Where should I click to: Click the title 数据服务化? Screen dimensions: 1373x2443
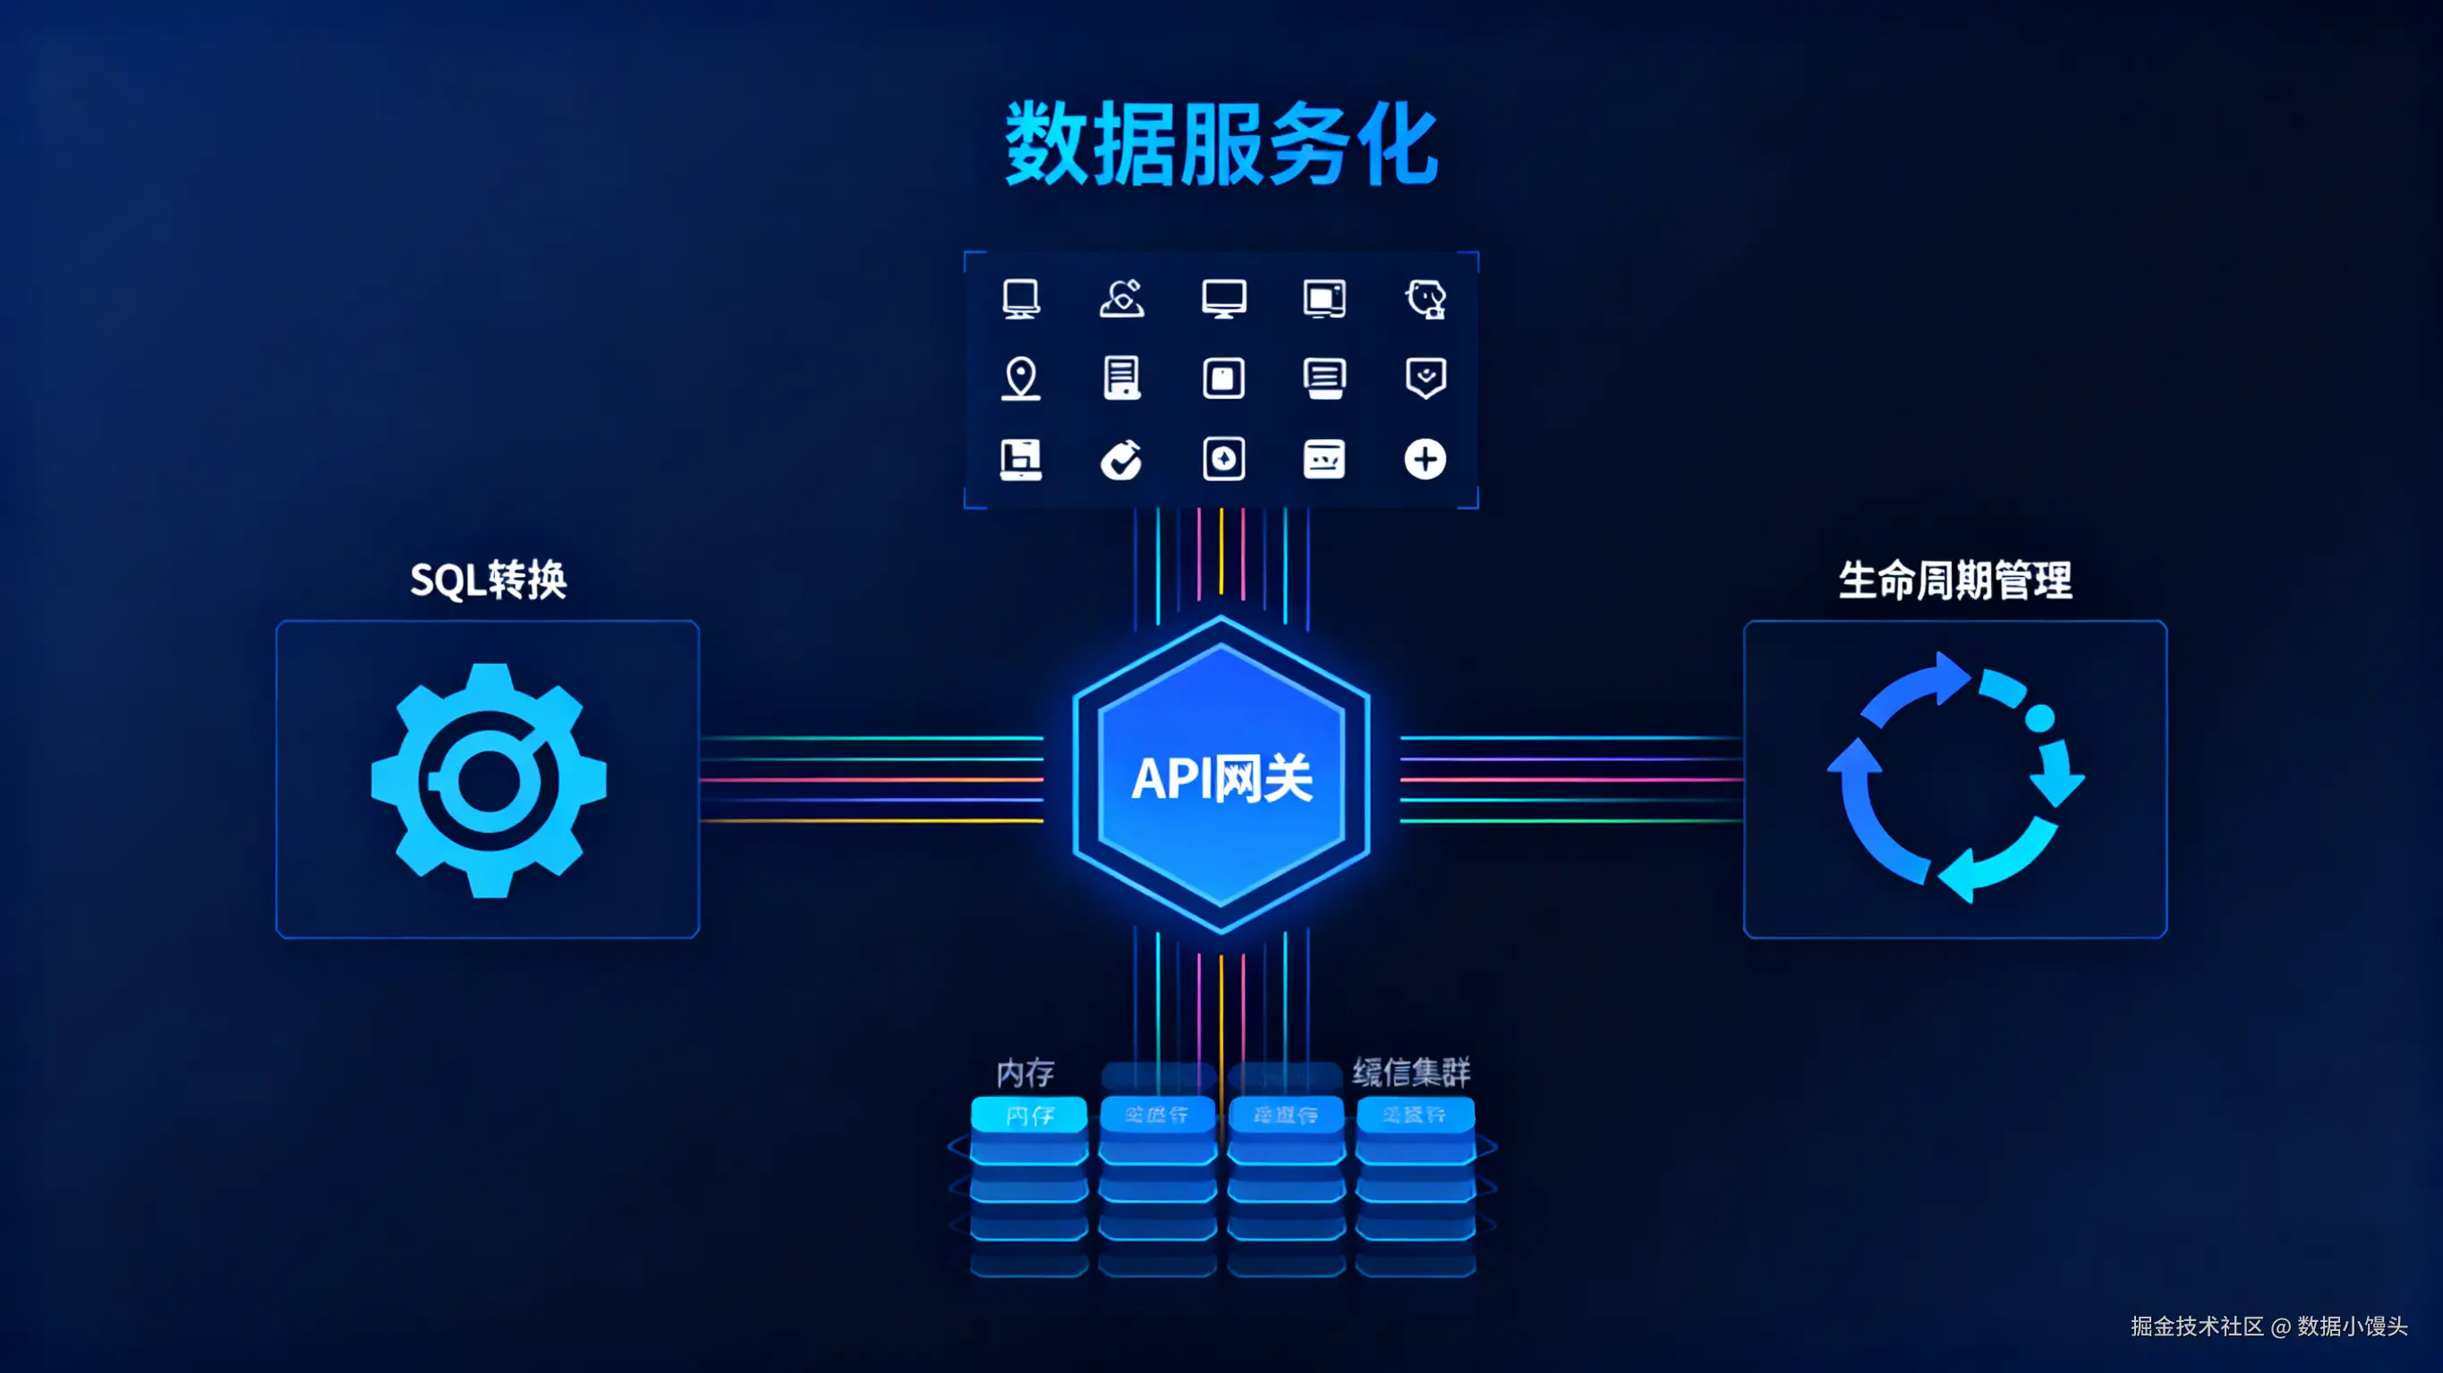[x=1221, y=145]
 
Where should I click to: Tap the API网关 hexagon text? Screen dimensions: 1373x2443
[x=1221, y=778]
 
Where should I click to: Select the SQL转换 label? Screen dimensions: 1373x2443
[x=488, y=580]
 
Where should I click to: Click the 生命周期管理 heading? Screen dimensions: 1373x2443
[x=1954, y=580]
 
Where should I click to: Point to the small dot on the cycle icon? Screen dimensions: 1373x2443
[x=2039, y=717]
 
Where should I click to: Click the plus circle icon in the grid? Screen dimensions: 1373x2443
[x=1425, y=460]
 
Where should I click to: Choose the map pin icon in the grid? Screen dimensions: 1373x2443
[x=1020, y=378]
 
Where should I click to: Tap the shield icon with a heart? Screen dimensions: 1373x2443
[x=1425, y=377]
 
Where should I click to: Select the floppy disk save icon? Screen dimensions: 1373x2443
[x=1020, y=460]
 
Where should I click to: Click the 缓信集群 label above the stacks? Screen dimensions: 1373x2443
[x=1411, y=1072]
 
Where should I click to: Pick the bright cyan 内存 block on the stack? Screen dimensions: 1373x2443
[x=1029, y=1115]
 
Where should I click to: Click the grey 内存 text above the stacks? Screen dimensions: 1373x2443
[x=1026, y=1072]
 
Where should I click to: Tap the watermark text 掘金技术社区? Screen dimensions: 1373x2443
[x=2196, y=1326]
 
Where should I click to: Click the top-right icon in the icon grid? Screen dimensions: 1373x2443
[x=1425, y=299]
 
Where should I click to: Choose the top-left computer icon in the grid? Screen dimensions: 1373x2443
[x=1020, y=299]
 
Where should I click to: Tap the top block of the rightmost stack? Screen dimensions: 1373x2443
[x=1414, y=1115]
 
